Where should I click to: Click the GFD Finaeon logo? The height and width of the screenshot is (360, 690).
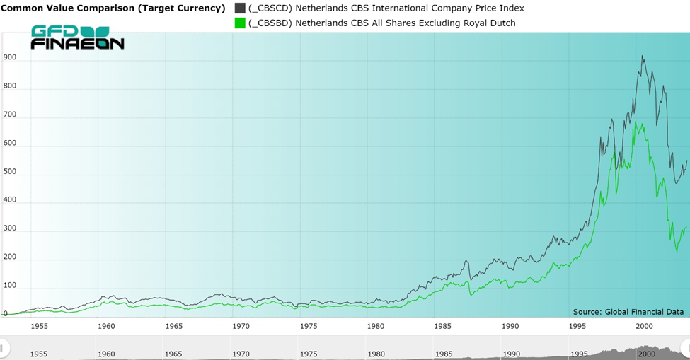pyautogui.click(x=77, y=37)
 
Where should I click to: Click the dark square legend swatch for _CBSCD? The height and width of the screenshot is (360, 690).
pyautogui.click(x=240, y=8)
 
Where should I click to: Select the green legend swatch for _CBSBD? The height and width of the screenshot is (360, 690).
pyautogui.click(x=240, y=23)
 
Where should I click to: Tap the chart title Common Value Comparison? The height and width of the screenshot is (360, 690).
pyautogui.click(x=113, y=8)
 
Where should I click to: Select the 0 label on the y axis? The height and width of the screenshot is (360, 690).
pyautogui.click(x=6, y=313)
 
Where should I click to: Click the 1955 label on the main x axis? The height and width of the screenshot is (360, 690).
pyautogui.click(x=39, y=326)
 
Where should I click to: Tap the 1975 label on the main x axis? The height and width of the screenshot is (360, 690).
pyautogui.click(x=309, y=326)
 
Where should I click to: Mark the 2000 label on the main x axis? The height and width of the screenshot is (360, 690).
pyautogui.click(x=645, y=326)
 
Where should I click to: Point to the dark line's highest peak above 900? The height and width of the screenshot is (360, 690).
pyautogui.click(x=642, y=57)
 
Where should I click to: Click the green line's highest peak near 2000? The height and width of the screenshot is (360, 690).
pyautogui.click(x=635, y=122)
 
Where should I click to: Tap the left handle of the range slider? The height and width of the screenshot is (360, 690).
pyautogui.click(x=4, y=347)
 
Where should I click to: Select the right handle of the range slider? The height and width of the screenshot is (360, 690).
pyautogui.click(x=685, y=347)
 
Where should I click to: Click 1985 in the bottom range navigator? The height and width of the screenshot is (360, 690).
pyautogui.click(x=444, y=354)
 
